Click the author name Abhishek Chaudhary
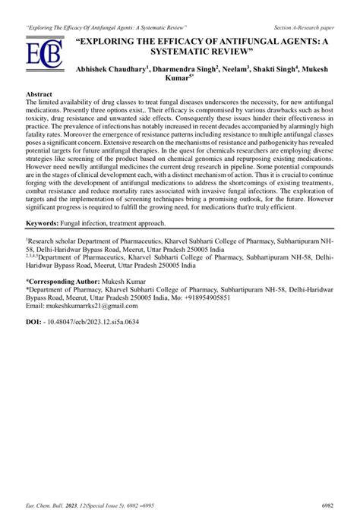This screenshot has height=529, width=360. click(x=113, y=69)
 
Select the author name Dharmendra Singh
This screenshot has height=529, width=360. click(x=185, y=69)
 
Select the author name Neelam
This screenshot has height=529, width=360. click(x=237, y=69)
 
